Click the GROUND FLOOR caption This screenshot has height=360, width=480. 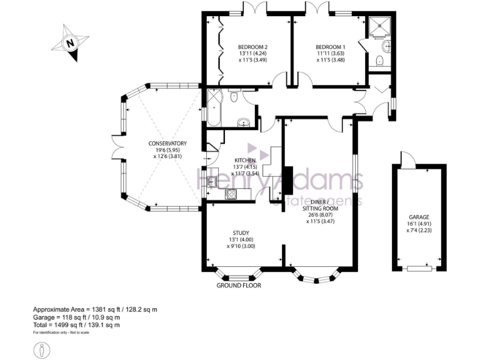pyautogui.click(x=238, y=286)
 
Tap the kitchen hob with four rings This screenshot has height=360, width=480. pyautogui.click(x=231, y=194)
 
